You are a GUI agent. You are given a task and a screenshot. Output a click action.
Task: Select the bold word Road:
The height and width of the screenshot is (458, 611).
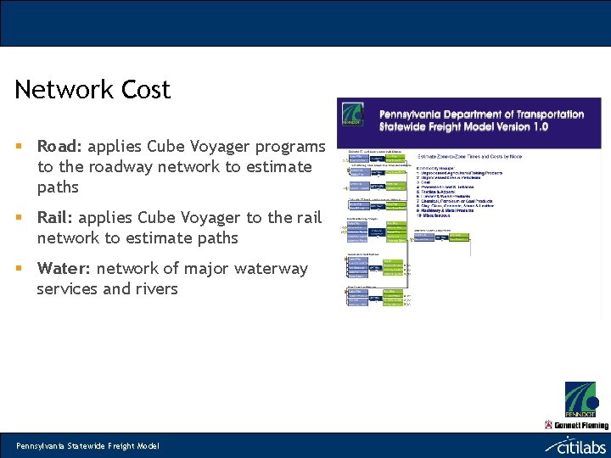click(x=59, y=147)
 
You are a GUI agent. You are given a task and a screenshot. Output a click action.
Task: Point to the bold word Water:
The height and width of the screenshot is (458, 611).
click(x=64, y=269)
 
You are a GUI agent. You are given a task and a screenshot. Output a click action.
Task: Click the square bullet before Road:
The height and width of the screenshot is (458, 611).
click(x=19, y=147)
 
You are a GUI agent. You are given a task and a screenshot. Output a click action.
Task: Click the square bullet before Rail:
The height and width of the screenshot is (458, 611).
click(x=19, y=218)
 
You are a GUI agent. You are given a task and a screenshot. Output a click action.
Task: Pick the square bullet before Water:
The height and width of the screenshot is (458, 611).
click(x=19, y=269)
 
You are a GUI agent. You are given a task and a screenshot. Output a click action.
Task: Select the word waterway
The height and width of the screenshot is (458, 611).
click(x=267, y=269)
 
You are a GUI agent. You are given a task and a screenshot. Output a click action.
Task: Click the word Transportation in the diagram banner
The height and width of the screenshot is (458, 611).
click(x=542, y=114)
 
